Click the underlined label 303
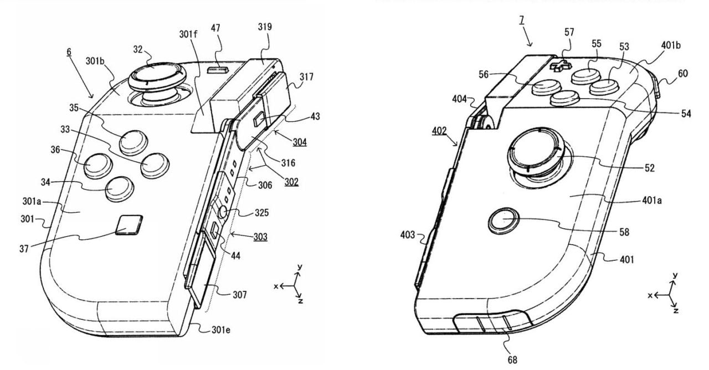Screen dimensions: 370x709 [260, 237]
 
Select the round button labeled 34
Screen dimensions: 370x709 [118, 189]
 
